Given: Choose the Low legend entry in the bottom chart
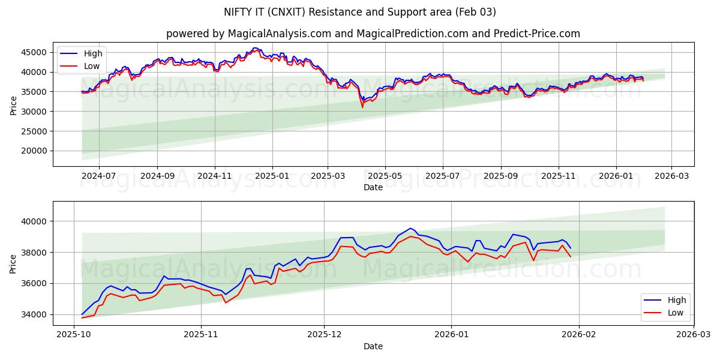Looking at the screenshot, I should point(675,312).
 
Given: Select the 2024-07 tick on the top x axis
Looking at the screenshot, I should point(98,176).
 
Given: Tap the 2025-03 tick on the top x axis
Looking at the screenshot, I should point(328,176).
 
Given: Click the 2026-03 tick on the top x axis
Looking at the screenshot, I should point(671,176).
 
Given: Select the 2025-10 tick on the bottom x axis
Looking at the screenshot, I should point(74,335).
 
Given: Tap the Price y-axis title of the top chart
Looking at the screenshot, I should point(13,104).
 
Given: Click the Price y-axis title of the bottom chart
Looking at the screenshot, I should point(13,263).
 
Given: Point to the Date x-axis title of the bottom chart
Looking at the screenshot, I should point(373,346).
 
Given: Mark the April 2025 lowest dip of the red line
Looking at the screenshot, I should point(362,107).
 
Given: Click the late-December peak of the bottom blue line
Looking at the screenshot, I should point(410,228).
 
